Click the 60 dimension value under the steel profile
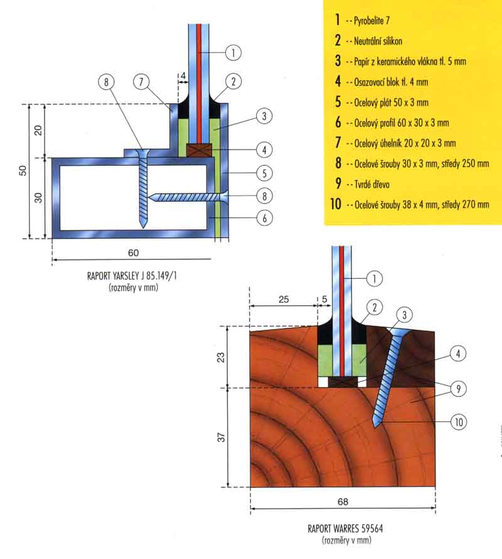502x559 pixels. pyautogui.click(x=134, y=252)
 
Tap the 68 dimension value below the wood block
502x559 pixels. pyautogui.click(x=343, y=502)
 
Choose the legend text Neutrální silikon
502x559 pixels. pyautogui.click(x=378, y=41)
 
